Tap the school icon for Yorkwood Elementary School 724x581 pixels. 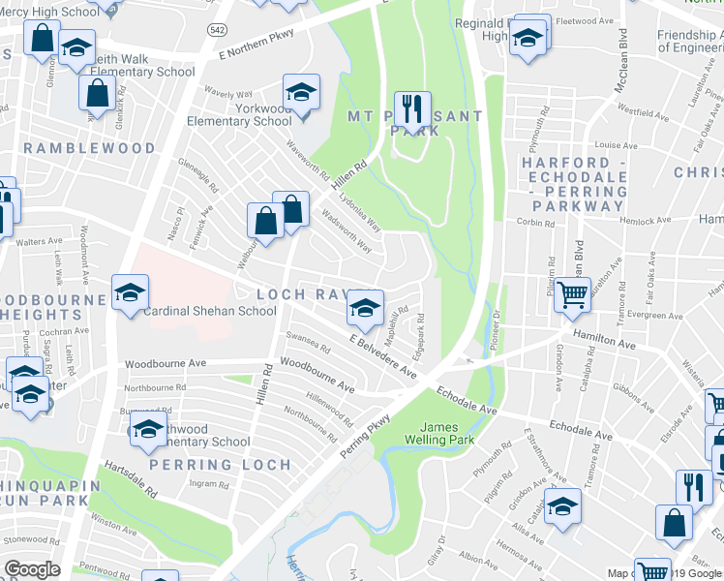click(301, 92)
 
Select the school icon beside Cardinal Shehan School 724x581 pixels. click(130, 292)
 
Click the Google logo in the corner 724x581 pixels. click(32, 569)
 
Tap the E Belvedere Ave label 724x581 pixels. click(383, 356)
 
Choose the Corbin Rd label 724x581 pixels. click(535, 223)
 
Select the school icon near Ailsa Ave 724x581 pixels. click(562, 505)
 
